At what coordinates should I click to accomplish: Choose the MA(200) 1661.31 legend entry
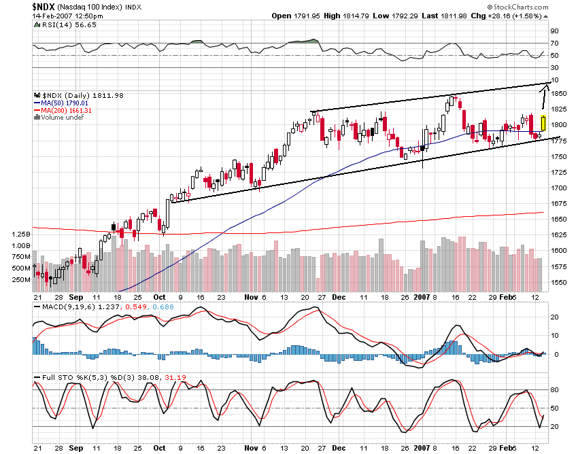coord(66,110)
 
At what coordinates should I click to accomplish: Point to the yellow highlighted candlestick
coord(543,123)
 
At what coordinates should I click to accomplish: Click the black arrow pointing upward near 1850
coord(545,95)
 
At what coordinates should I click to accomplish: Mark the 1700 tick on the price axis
coord(560,188)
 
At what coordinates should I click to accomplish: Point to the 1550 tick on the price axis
coord(560,282)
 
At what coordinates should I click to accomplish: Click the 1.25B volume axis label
coord(20,234)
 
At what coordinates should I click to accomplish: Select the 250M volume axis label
coord(21,279)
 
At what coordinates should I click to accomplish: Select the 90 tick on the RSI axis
coord(555,31)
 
